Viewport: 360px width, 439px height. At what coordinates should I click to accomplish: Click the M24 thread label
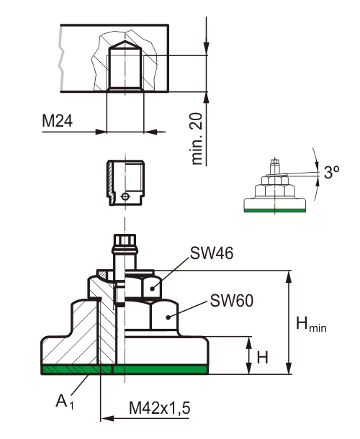(57, 121)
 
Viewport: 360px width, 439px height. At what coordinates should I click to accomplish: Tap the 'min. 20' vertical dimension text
(197, 139)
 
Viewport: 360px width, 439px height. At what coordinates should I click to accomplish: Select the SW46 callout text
(212, 253)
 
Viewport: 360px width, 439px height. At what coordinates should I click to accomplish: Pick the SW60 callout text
(232, 301)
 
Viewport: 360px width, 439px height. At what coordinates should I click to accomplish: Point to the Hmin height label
(311, 324)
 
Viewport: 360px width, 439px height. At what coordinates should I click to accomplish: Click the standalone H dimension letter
(263, 358)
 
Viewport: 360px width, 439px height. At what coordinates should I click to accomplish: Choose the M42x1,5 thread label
(159, 408)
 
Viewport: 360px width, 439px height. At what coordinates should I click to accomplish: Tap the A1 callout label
(65, 402)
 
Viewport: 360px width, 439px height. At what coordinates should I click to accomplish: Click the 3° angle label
(332, 172)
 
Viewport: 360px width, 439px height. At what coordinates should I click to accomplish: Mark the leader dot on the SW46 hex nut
(152, 289)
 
